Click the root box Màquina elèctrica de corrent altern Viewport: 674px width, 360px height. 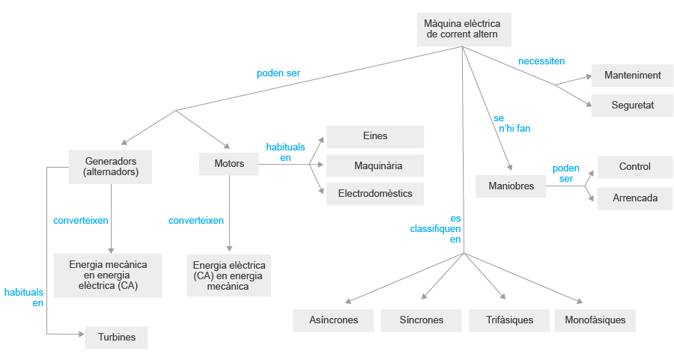462,29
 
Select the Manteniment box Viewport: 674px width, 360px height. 632,75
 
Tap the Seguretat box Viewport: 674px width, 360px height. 632,106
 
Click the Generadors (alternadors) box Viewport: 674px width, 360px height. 110,167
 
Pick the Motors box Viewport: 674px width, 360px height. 229,163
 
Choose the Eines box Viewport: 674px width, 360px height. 374,136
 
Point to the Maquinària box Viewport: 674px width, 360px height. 374,165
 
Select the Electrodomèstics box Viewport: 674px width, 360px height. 374,193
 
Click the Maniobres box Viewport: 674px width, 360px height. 511,186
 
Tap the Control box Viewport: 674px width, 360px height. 634,167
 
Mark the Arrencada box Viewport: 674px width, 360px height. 634,198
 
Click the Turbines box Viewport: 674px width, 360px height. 116,338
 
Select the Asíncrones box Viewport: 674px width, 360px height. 333,320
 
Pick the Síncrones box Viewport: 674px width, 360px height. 421,320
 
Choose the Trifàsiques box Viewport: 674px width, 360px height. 509,320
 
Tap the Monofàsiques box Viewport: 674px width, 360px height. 595,320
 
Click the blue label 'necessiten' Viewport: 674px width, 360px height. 541,61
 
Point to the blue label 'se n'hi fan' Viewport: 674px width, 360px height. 511,123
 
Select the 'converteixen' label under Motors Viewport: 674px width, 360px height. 195,221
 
